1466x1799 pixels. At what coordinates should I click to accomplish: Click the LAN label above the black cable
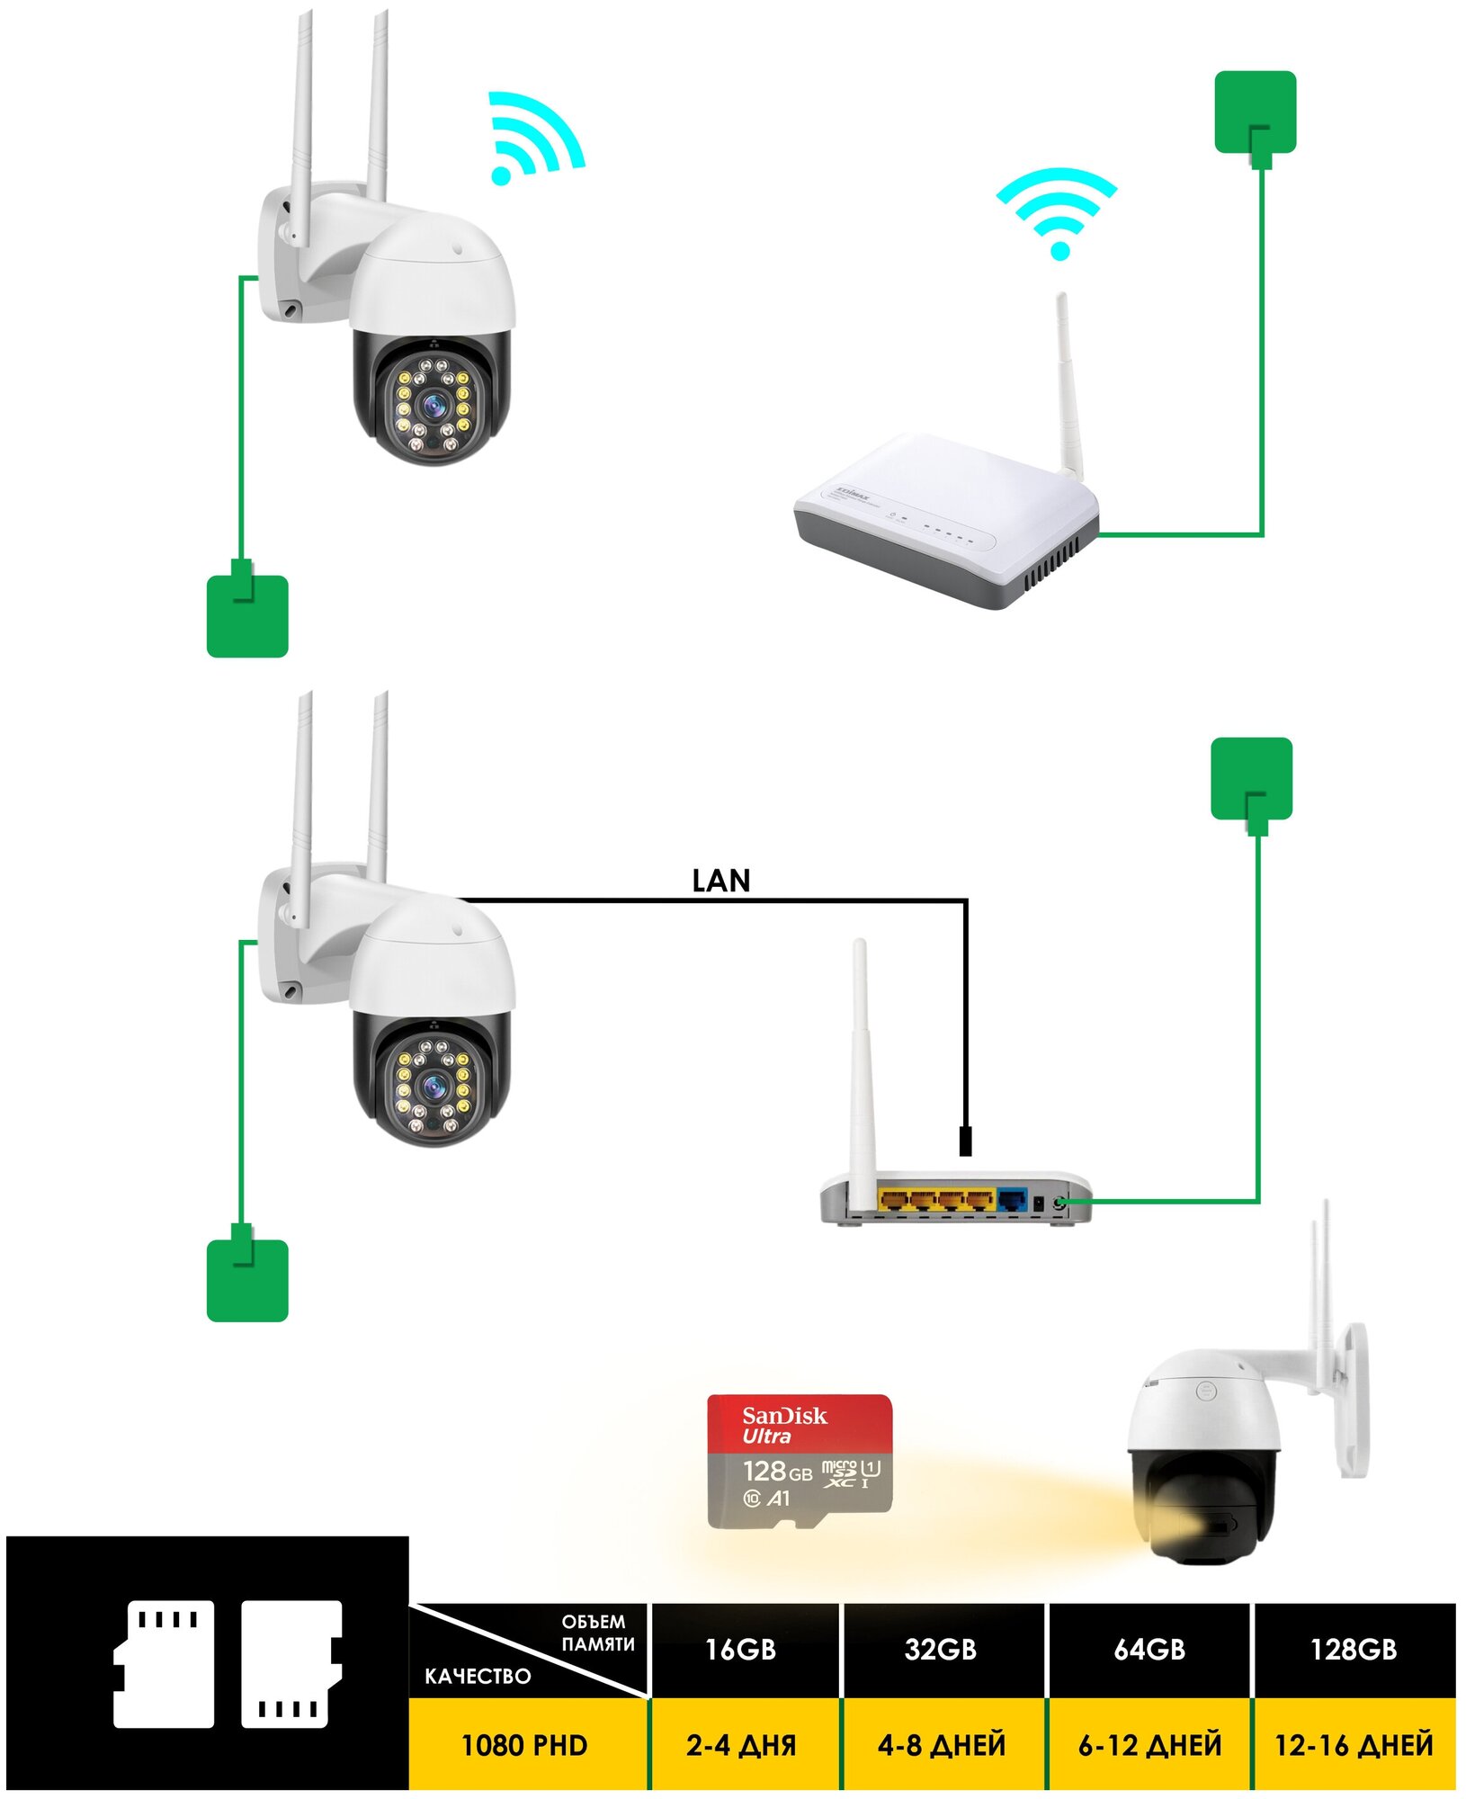pos(720,881)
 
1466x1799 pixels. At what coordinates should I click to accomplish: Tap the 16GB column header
pos(740,1649)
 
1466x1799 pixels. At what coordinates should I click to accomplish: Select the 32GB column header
pos(940,1649)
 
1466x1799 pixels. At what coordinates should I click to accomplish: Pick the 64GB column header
pos(1149,1649)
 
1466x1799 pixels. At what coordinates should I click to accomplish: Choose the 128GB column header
pos(1353,1649)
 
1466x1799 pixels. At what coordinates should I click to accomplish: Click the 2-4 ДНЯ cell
pos(740,1745)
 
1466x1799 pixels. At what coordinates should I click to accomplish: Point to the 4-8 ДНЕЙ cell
pos(941,1745)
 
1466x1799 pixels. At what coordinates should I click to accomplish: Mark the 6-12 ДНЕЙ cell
pos(1149,1745)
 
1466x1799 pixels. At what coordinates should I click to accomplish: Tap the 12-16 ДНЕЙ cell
pos(1354,1745)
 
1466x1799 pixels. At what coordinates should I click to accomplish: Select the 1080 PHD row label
pos(523,1745)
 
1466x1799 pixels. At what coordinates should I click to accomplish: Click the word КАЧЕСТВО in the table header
pos(478,1676)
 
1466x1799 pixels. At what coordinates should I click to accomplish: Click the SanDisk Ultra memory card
pos(800,1461)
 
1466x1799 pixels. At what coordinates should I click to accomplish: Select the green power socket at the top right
pos(1255,112)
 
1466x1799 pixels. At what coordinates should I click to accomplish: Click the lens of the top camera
pos(434,406)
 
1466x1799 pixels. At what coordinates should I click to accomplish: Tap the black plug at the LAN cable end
pos(965,1140)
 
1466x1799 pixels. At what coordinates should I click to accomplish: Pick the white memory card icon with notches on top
pos(164,1663)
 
